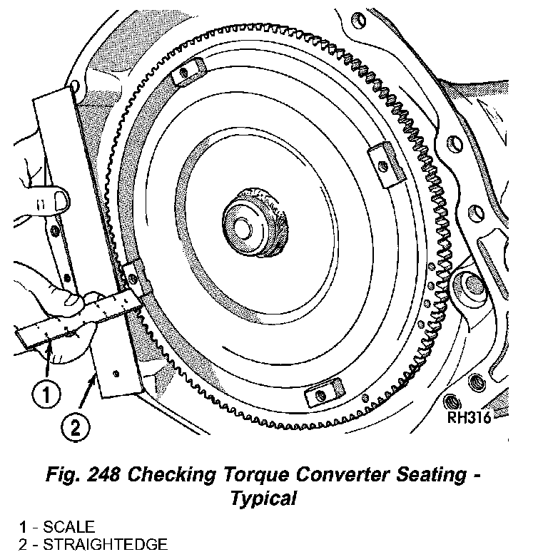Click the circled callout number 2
[x=75, y=427]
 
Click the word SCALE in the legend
[x=68, y=528]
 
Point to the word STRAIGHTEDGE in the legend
[x=106, y=544]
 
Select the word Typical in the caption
[x=263, y=498]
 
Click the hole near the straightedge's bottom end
[x=113, y=372]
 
